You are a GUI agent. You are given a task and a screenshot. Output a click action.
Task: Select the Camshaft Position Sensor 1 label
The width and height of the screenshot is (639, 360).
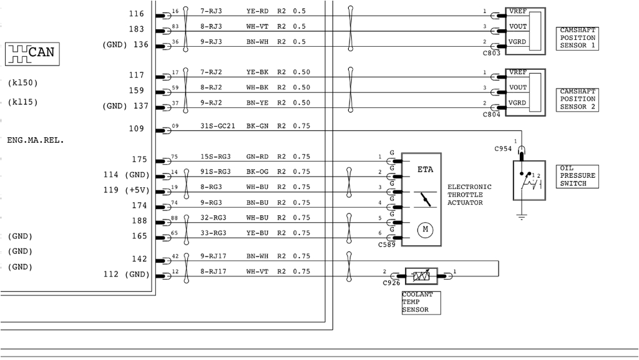pyautogui.click(x=577, y=38)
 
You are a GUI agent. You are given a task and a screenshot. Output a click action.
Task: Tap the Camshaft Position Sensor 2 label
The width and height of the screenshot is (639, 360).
pyautogui.click(x=577, y=99)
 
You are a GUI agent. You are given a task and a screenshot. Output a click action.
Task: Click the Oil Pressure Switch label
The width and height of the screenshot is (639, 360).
pyautogui.click(x=577, y=176)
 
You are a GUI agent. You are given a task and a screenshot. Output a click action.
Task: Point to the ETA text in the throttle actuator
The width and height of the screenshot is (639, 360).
pyautogui.click(x=425, y=169)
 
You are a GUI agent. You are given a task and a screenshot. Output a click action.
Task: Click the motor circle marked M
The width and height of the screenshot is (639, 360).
pyautogui.click(x=426, y=230)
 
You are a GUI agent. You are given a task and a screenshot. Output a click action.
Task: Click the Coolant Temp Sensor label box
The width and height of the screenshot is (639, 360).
pyautogui.click(x=420, y=302)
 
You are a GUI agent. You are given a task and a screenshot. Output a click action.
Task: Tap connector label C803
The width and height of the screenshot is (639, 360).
pyautogui.click(x=491, y=54)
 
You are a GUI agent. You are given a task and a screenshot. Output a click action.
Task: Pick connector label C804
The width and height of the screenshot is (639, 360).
pyautogui.click(x=491, y=115)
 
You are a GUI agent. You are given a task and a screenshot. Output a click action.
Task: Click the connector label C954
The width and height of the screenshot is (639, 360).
pyautogui.click(x=502, y=149)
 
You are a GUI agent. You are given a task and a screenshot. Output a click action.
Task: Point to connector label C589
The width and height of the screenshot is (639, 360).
pyautogui.click(x=387, y=245)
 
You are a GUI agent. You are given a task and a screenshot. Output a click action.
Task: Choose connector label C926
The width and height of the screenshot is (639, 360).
pyautogui.click(x=391, y=283)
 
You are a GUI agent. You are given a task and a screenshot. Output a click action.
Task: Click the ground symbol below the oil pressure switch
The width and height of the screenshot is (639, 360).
pyautogui.click(x=521, y=216)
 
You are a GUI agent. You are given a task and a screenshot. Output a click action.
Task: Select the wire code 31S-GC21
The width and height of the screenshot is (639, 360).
pyautogui.click(x=218, y=126)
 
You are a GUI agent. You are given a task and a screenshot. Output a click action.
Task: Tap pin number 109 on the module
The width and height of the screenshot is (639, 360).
pyautogui.click(x=136, y=129)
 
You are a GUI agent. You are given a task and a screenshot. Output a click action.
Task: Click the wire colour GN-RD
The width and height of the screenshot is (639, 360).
pyautogui.click(x=257, y=157)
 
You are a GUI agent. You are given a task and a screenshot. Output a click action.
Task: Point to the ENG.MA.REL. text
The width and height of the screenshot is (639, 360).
pyautogui.click(x=36, y=140)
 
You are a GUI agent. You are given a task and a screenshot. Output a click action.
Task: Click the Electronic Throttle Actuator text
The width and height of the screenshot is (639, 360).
pyautogui.click(x=469, y=195)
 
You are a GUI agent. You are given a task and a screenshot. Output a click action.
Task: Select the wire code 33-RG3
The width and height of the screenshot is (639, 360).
pyautogui.click(x=213, y=233)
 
